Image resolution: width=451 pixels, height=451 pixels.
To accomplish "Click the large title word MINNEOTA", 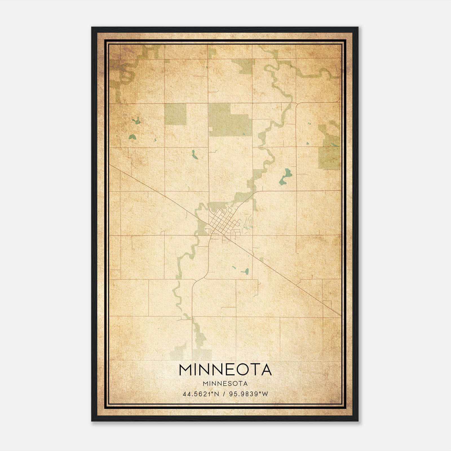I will pyautogui.click(x=225, y=370).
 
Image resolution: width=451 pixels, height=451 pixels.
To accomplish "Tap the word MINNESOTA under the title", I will pyautogui.click(x=225, y=384).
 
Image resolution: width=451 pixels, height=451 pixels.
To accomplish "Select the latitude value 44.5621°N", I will pyautogui.click(x=201, y=394).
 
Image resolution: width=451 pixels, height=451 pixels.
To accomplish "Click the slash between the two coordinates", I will pyautogui.click(x=225, y=394).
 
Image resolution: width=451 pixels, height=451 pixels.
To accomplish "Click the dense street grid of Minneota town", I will pyautogui.click(x=223, y=223).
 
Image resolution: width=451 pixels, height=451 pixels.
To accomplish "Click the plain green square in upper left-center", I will pyautogui.click(x=175, y=114).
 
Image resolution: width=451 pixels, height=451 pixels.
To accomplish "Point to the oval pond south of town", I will pyautogui.click(x=245, y=272).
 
